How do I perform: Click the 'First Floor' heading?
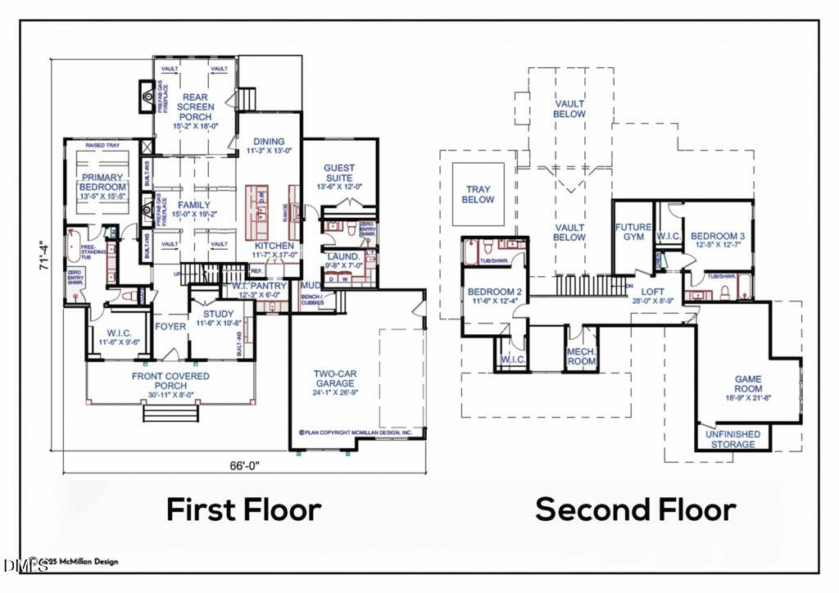(243, 509)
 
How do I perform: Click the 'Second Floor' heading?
(636, 509)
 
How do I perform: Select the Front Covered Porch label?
(170, 381)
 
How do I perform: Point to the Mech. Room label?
(581, 355)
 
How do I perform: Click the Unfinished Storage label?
(732, 439)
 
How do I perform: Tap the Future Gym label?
(633, 232)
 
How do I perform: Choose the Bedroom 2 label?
(494, 296)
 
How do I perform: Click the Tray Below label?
(478, 194)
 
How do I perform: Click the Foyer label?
(171, 326)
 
